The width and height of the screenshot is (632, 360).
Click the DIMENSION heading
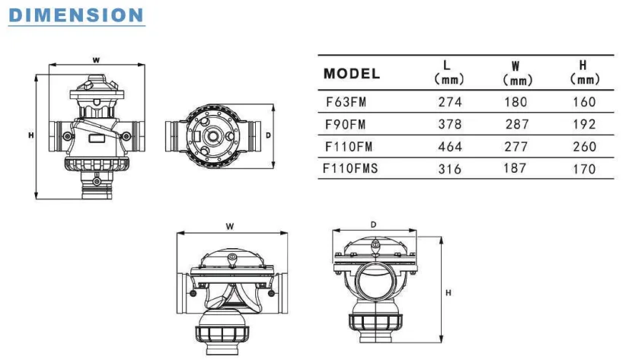point(76,15)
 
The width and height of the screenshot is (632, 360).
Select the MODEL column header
point(352,74)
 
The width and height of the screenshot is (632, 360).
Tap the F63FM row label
point(346,102)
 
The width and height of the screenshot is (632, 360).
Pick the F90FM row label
point(346,124)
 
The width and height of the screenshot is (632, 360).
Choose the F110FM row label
point(349,147)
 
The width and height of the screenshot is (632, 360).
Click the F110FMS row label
point(351,168)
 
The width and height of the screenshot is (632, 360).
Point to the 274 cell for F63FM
point(450,102)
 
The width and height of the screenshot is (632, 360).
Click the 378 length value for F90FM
point(450,124)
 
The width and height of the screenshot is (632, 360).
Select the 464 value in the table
point(450,147)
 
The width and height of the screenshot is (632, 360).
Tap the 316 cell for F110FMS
point(450,169)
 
